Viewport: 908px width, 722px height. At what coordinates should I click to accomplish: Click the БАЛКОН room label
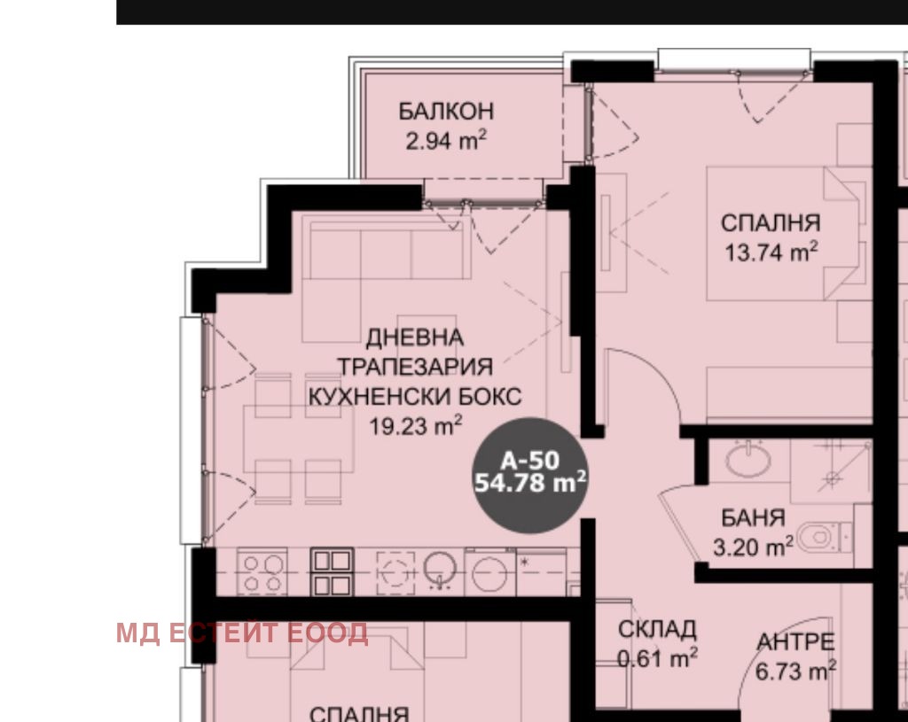[446, 111]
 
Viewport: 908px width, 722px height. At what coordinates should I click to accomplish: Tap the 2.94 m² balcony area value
[446, 141]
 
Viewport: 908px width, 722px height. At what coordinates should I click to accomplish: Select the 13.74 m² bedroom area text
[771, 252]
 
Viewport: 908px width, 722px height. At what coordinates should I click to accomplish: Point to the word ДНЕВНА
[415, 338]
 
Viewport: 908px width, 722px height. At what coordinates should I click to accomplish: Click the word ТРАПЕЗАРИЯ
[415, 367]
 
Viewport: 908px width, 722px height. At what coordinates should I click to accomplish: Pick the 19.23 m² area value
[415, 426]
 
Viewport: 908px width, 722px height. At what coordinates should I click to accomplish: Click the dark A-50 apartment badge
[530, 474]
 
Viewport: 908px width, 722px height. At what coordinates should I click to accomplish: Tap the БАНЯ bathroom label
[753, 517]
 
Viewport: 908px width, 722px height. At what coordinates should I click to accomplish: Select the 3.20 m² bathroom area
[753, 547]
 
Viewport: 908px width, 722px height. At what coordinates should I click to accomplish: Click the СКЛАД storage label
[657, 630]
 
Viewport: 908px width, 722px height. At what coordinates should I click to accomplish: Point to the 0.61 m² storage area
[657, 658]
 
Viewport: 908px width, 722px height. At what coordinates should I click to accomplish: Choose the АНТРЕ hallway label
[795, 642]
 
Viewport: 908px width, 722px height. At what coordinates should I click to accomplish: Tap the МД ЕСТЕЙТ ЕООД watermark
[242, 633]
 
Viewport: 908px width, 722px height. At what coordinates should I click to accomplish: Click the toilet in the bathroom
[824, 538]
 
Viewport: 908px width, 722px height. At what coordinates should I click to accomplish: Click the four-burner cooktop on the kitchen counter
[262, 572]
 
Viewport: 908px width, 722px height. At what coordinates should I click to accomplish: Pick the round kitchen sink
[440, 570]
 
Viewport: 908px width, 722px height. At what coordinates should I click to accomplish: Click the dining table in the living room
[298, 439]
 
